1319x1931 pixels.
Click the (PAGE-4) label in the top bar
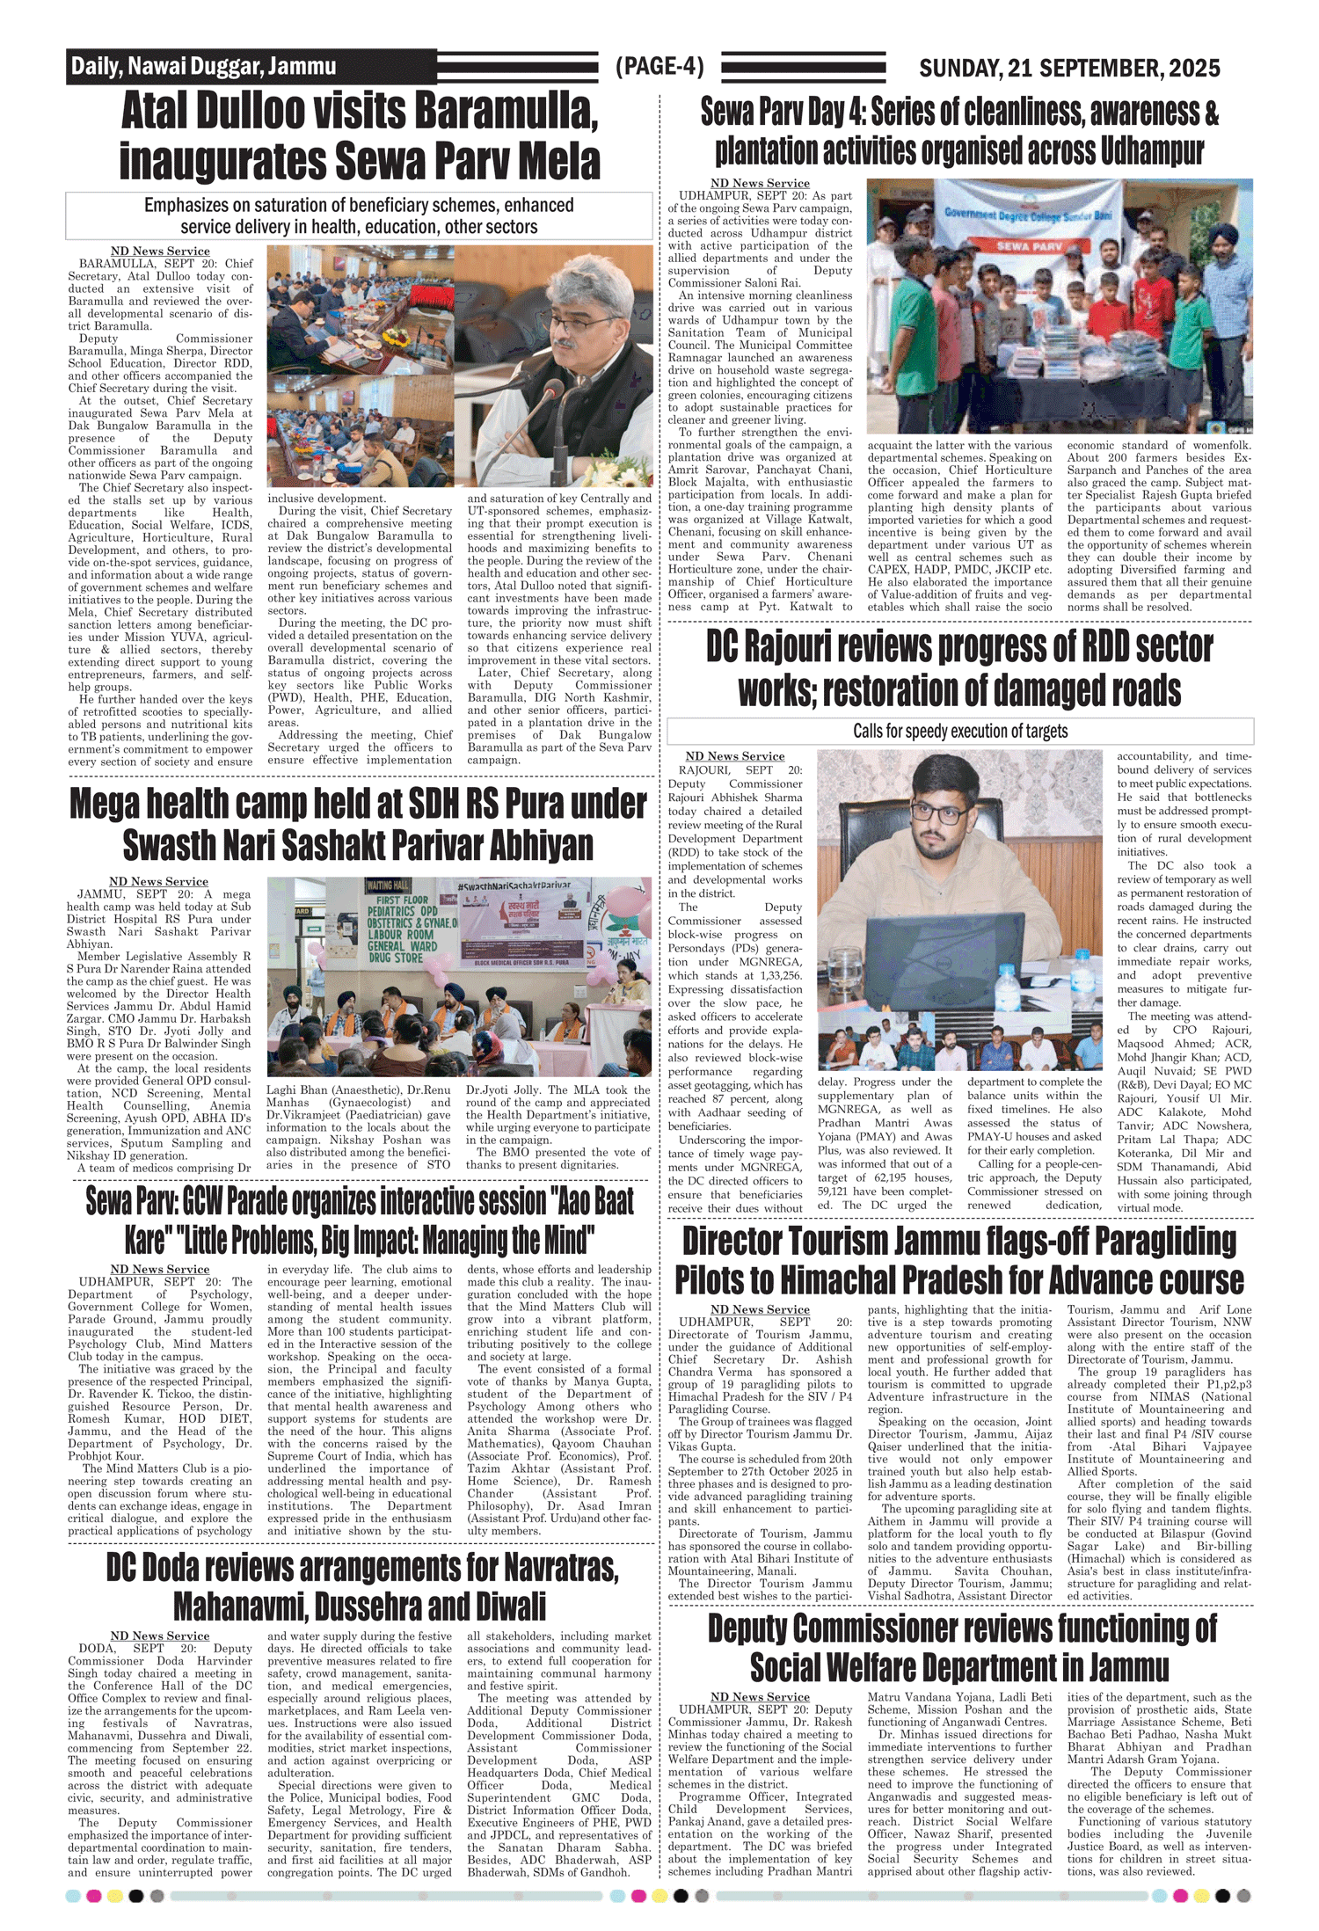point(659,67)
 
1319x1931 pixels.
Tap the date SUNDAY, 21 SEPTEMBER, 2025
point(1069,68)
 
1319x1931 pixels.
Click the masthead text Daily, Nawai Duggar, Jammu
point(203,66)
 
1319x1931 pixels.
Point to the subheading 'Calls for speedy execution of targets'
point(960,731)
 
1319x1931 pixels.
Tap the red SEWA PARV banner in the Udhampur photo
point(1030,247)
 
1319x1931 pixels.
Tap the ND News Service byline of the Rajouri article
point(734,756)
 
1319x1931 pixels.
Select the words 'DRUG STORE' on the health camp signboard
point(397,958)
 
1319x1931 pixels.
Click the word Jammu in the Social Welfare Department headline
point(1129,1667)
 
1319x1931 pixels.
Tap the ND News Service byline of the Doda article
point(160,1636)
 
